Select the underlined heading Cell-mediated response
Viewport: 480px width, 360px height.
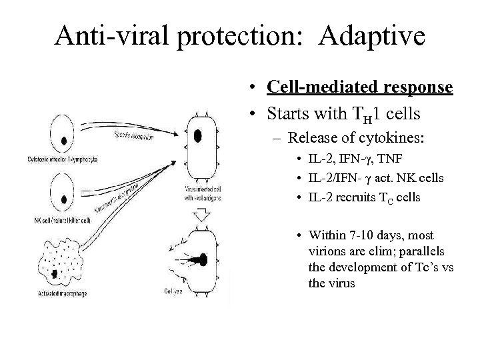click(x=360, y=88)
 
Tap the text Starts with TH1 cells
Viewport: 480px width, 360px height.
click(x=343, y=114)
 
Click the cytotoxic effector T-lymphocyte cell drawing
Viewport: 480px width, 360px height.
click(x=64, y=141)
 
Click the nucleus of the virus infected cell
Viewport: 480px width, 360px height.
click(x=198, y=136)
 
